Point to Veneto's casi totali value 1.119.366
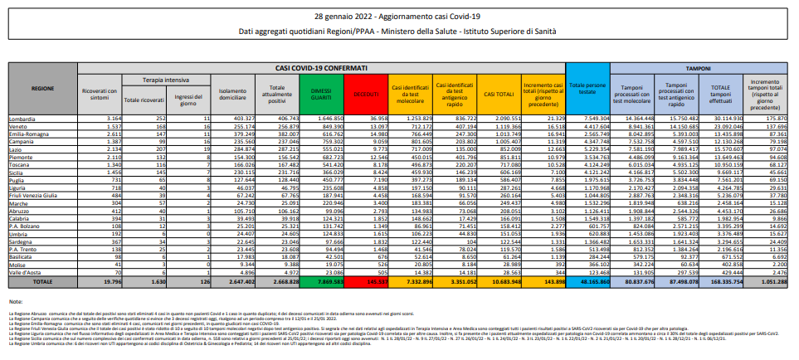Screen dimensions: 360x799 pyautogui.click(x=498, y=126)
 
